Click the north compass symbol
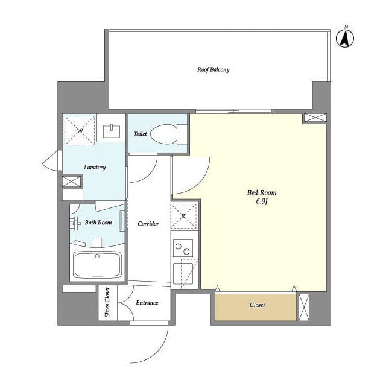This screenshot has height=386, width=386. tap(345, 37)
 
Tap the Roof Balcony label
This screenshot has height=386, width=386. tap(213, 70)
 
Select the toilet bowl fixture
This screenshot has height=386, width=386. tap(168, 134)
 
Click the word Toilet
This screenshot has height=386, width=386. tap(140, 134)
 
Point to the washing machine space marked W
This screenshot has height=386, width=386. tap(80, 130)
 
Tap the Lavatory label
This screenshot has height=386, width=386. tap(95, 168)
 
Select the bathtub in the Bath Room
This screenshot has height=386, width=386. tap(98, 265)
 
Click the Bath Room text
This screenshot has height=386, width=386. tap(98, 223)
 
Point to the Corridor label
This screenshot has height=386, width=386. tap(148, 224)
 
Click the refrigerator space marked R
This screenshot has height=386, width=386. tap(184, 216)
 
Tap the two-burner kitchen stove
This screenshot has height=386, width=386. tap(183, 248)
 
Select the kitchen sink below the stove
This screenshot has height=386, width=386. tap(183, 273)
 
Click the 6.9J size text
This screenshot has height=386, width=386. tap(262, 201)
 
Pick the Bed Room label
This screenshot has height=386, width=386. tap(262, 192)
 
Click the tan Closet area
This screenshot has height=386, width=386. tap(256, 307)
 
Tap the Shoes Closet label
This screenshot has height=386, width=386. tap(107, 303)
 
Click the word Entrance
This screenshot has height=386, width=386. tap(147, 303)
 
